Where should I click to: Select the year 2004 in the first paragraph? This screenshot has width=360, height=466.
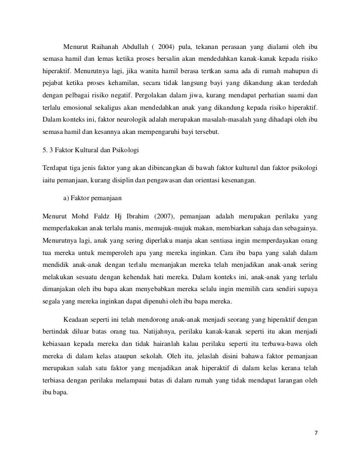(x=167, y=47)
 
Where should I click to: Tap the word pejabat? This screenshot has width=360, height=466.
(x=54, y=84)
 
